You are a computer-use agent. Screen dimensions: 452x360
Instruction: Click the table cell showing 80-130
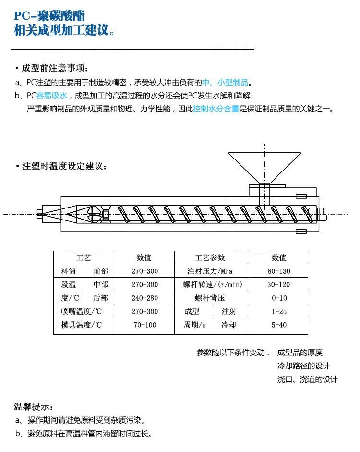pyautogui.click(x=278, y=271)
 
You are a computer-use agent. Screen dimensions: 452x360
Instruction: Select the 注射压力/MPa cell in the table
pyautogui.click(x=211, y=271)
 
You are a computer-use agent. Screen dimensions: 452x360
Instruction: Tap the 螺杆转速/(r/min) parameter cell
pyautogui.click(x=211, y=285)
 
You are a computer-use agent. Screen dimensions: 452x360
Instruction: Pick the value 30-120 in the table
pyautogui.click(x=278, y=285)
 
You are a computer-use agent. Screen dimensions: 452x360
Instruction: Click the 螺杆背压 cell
pyautogui.click(x=211, y=298)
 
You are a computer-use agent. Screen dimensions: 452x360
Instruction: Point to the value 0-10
pyautogui.click(x=278, y=298)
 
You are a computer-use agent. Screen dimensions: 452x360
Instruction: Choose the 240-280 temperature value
pyautogui.click(x=144, y=298)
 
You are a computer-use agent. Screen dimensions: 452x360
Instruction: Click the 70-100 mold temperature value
pyautogui.click(x=144, y=325)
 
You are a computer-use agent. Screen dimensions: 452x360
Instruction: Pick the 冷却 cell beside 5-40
pyautogui.click(x=228, y=325)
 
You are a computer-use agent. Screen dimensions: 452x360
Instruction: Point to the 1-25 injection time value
pyautogui.click(x=278, y=312)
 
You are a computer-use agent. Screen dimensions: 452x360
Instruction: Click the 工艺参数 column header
pyautogui.click(x=211, y=258)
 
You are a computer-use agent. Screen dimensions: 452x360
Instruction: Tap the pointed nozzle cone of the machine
pyautogui.click(x=70, y=214)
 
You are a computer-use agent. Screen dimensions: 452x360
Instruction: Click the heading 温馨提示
pyautogui.click(x=34, y=407)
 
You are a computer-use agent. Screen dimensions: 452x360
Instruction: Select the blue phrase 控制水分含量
pyautogui.click(x=216, y=109)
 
